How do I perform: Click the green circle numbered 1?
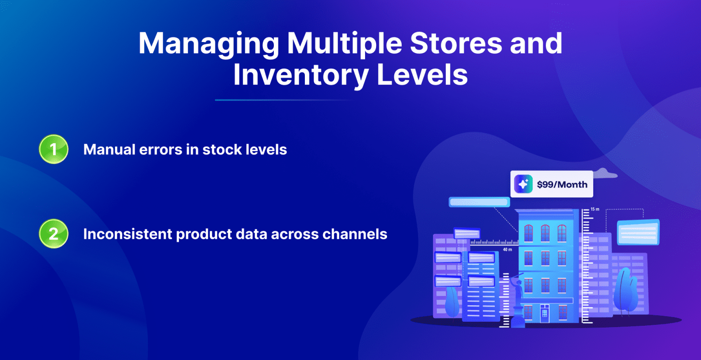tap(53, 149)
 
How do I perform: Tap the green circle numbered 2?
tap(53, 234)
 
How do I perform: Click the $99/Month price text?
tap(562, 184)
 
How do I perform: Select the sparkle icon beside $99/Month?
tap(523, 184)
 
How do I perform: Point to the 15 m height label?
tap(595, 209)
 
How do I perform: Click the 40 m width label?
tap(507, 250)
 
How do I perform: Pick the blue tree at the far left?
tap(452, 301)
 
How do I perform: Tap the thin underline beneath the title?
tap(283, 100)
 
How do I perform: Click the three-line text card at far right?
tap(638, 232)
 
